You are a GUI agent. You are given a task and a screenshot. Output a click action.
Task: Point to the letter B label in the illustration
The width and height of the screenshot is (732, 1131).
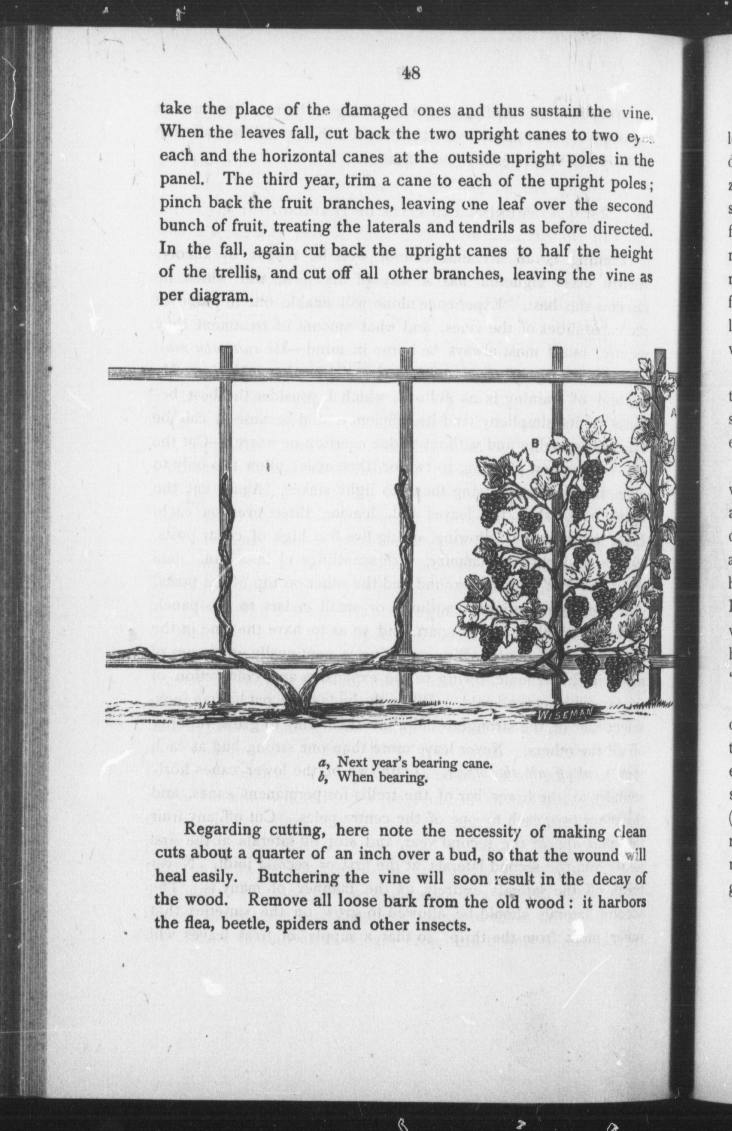coord(535,442)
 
